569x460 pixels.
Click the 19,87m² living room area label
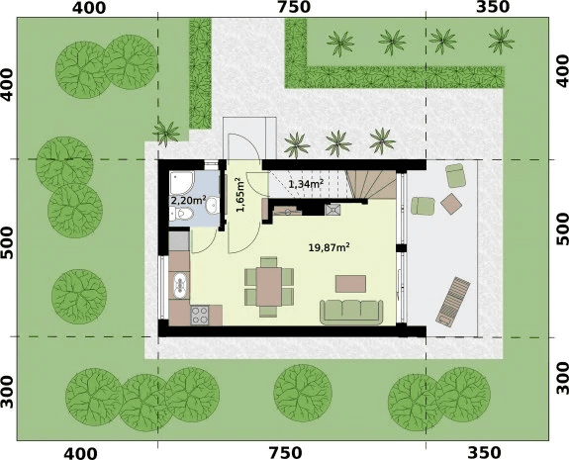tap(330, 247)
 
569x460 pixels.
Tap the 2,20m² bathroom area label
tap(188, 200)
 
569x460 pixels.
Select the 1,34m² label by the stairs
tap(306, 184)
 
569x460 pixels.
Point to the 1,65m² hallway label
tap(239, 195)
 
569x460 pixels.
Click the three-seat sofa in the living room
tap(351, 312)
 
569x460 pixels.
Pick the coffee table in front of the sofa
tap(350, 284)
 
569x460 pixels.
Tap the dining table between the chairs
tap(269, 287)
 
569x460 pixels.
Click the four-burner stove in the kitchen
tap(200, 315)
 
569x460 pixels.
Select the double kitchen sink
tap(179, 285)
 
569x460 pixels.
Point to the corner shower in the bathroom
tap(182, 182)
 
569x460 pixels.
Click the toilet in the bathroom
tap(182, 214)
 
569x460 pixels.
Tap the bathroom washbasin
tap(212, 206)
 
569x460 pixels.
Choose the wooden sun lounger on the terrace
tap(453, 302)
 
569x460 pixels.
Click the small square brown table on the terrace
tap(451, 204)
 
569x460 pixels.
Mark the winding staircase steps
tap(371, 184)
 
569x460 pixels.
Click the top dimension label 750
tap(294, 7)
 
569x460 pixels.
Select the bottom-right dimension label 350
tap(484, 453)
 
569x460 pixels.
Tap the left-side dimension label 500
tap(7, 243)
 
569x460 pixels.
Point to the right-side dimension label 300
tap(562, 378)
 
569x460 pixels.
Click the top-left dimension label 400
tap(89, 8)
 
